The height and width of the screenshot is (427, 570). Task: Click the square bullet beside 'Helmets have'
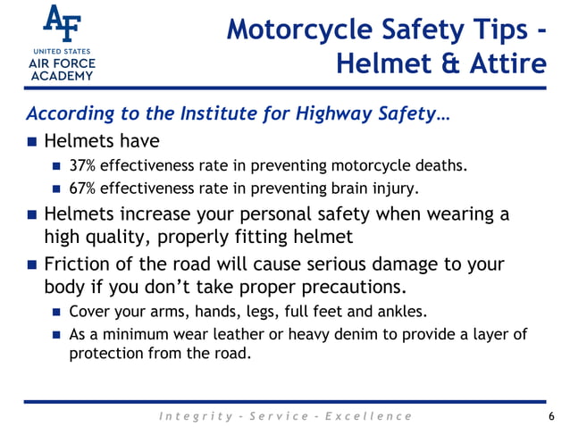(x=33, y=142)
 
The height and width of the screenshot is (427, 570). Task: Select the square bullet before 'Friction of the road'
(x=33, y=265)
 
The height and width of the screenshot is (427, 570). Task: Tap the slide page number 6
(x=551, y=416)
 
